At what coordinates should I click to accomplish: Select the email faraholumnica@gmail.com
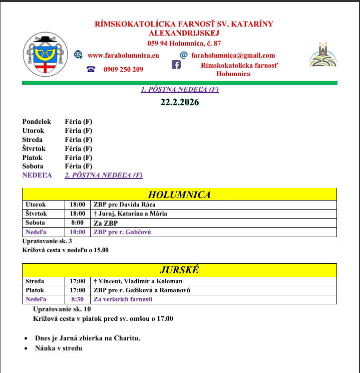(233, 56)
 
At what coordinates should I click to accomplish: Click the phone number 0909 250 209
(123, 69)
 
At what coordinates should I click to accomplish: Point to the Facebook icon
(176, 65)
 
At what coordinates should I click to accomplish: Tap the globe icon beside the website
(79, 55)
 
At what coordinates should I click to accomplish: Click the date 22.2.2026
(180, 102)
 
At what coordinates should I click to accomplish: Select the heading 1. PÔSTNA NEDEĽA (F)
(180, 90)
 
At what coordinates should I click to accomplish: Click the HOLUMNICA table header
(179, 195)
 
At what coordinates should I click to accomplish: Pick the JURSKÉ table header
(179, 270)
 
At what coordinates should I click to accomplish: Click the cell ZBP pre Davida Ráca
(125, 205)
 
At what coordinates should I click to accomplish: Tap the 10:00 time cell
(77, 232)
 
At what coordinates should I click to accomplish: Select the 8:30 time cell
(77, 299)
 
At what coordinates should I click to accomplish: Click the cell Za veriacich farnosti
(123, 299)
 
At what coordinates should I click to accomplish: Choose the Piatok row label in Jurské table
(35, 290)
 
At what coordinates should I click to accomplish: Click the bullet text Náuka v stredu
(59, 348)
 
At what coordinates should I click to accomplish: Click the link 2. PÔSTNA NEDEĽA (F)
(104, 175)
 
